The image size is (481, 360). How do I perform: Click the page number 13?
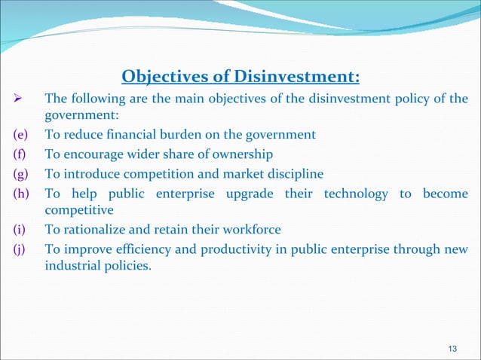point(452,347)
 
